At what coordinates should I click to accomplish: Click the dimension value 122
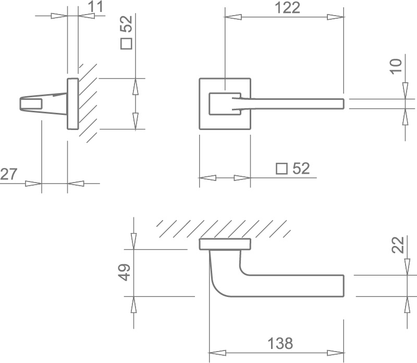288,8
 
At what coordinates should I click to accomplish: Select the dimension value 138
280,343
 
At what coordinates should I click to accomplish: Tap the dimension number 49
124,273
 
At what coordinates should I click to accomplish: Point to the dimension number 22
398,244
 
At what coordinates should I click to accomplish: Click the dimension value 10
396,67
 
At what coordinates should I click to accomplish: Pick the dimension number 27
8,174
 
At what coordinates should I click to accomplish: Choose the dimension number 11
95,7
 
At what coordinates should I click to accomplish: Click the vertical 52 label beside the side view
126,24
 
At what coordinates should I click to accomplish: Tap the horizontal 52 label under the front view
301,168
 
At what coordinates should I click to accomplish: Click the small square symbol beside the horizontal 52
281,169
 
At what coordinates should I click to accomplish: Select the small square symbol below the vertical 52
126,44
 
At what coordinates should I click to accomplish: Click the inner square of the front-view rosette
225,104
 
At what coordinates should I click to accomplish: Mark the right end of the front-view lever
344,104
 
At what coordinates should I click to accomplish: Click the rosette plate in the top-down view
225,244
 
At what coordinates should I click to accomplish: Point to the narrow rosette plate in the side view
72,104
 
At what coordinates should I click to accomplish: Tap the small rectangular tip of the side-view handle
31,104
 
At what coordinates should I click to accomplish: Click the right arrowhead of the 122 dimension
335,17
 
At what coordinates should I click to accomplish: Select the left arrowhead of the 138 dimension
217,353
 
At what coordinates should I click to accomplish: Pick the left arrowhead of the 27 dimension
33,184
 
